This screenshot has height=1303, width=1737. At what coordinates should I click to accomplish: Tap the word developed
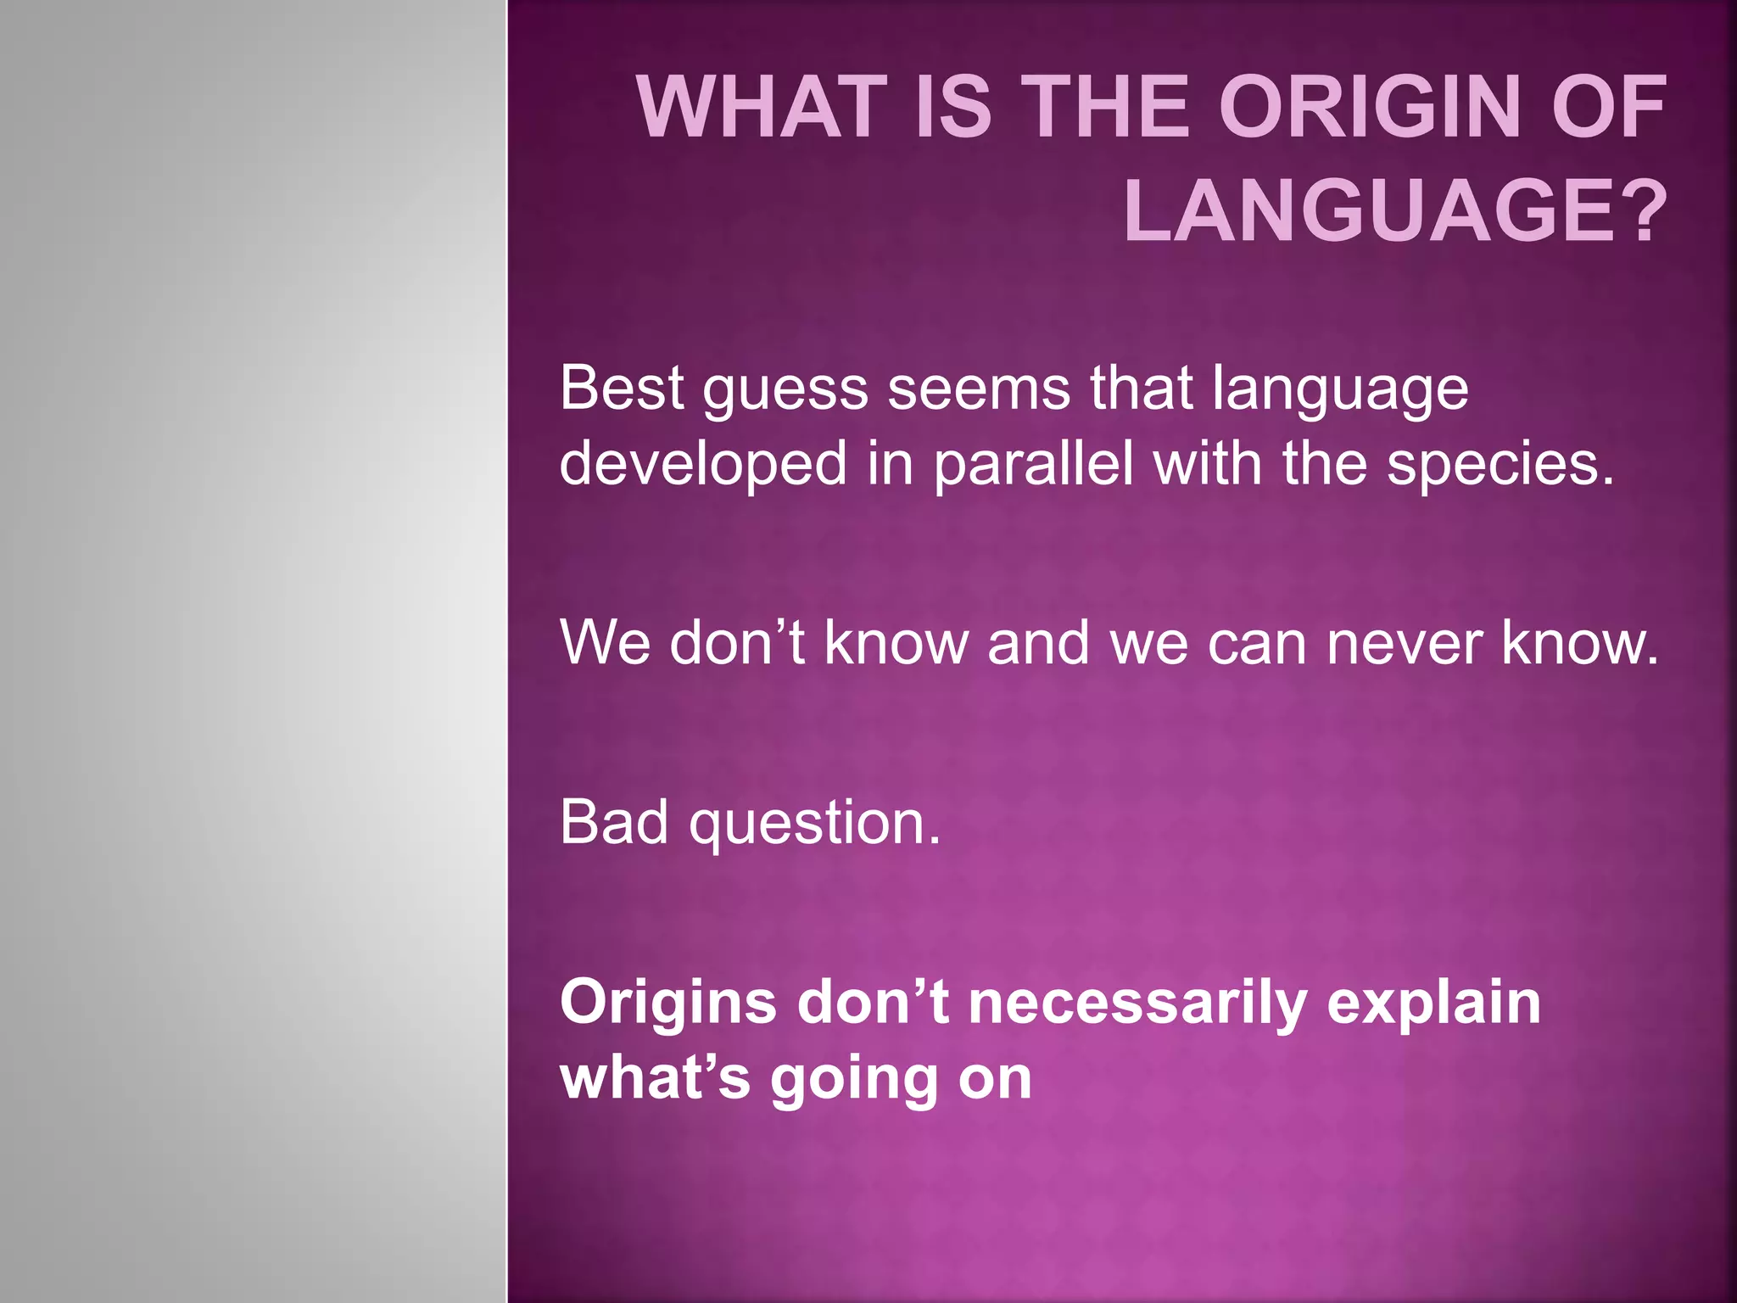click(x=703, y=465)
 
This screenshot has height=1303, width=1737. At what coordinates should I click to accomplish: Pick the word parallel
click(x=1034, y=465)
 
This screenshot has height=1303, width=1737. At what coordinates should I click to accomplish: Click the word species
click(x=1500, y=465)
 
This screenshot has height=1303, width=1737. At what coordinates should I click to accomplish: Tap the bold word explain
click(x=1433, y=1004)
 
